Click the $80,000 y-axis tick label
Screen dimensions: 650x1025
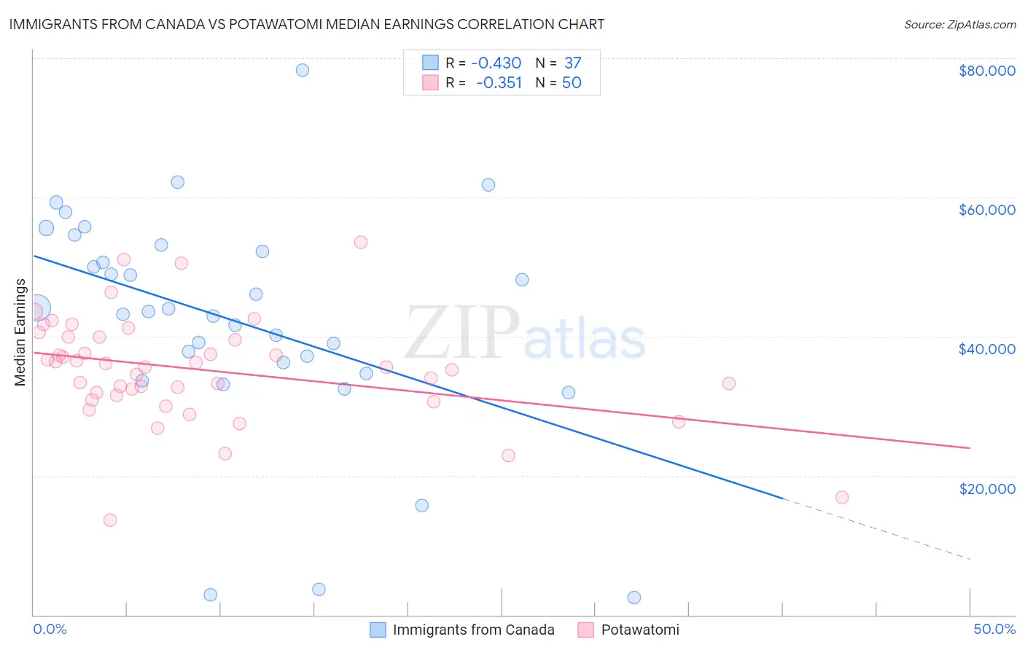pyautogui.click(x=986, y=71)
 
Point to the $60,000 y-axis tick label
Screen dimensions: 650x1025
pyautogui.click(x=986, y=210)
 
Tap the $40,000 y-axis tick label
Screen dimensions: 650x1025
pyautogui.click(x=986, y=349)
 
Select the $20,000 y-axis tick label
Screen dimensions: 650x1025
pyautogui.click(x=986, y=488)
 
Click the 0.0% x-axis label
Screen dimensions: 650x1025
pyautogui.click(x=50, y=629)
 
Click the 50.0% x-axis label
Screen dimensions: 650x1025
pyautogui.click(x=994, y=629)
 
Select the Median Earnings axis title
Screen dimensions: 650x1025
pyautogui.click(x=20, y=332)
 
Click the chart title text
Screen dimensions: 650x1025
pyautogui.click(x=307, y=24)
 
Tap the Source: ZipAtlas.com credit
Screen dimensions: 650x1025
pyautogui.click(x=959, y=25)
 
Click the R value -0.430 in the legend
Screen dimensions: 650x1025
pyautogui.click(x=496, y=63)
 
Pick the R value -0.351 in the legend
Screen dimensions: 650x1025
pyautogui.click(x=499, y=83)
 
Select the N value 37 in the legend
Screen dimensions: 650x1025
pyautogui.click(x=572, y=63)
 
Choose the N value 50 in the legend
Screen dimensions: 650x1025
pyautogui.click(x=572, y=83)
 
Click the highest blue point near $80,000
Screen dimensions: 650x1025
pyautogui.click(x=303, y=70)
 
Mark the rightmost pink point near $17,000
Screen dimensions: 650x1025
pyautogui.click(x=842, y=498)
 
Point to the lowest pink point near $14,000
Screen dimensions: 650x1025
pyautogui.click(x=110, y=520)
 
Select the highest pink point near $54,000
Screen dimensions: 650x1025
pyautogui.click(x=361, y=243)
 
